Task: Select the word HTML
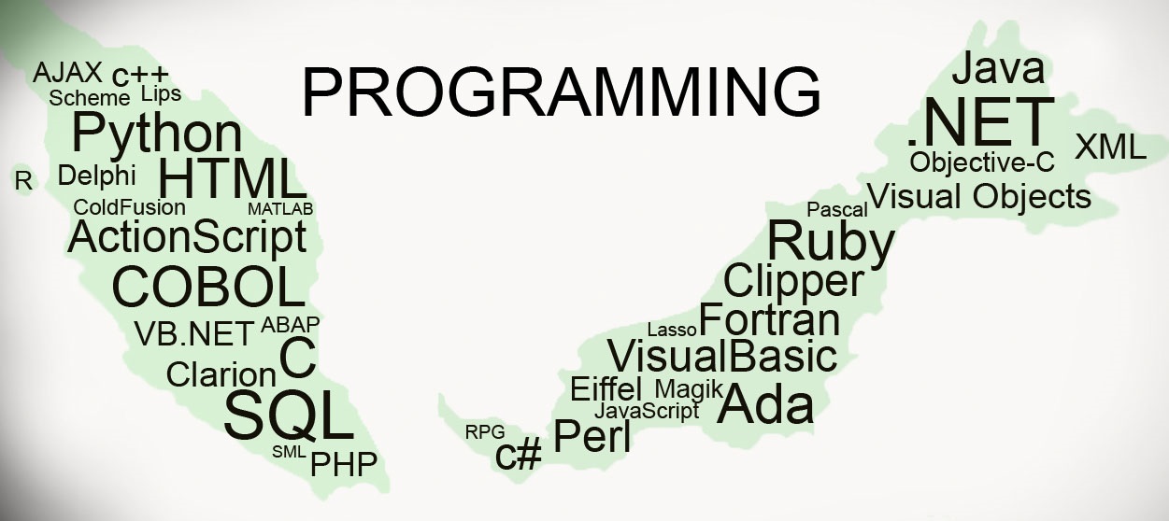click(x=232, y=179)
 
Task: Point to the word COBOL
click(x=208, y=287)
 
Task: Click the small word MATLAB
click(x=280, y=208)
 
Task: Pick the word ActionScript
click(x=187, y=237)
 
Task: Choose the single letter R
click(x=23, y=181)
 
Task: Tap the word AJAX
click(x=67, y=73)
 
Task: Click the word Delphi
click(x=96, y=176)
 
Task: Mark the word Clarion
click(x=221, y=374)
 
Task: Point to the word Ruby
click(x=830, y=241)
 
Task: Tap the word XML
click(x=1110, y=148)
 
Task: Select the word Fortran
click(x=770, y=320)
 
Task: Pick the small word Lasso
click(x=672, y=330)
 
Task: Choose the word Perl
click(x=592, y=436)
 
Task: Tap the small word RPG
click(x=485, y=431)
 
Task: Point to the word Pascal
click(x=837, y=209)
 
